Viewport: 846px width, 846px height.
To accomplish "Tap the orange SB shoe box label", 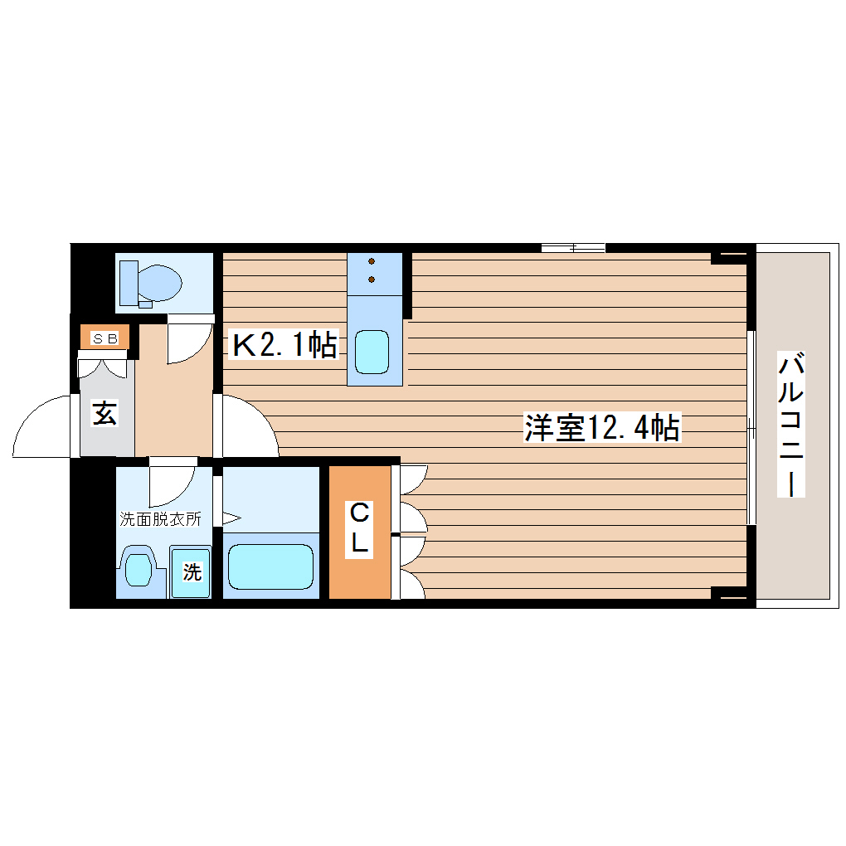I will pos(105,338).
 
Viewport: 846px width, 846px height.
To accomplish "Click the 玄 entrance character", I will pos(105,412).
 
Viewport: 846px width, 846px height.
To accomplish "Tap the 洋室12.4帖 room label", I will pos(602,428).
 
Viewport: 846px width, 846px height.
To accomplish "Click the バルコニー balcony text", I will pos(792,425).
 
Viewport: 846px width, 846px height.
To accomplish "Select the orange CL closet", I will pos(359,532).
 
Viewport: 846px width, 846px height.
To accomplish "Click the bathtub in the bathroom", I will pos(270,566).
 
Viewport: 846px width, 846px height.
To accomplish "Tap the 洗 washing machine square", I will pos(191,571).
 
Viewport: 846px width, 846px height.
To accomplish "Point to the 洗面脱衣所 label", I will pos(160,520).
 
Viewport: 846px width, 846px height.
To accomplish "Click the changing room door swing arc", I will pos(171,485).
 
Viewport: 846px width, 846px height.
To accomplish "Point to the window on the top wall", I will pos(572,247).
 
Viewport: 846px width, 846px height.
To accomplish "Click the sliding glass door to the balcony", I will pos(751,427).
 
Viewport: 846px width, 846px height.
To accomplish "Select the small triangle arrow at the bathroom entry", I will pos(231,520).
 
